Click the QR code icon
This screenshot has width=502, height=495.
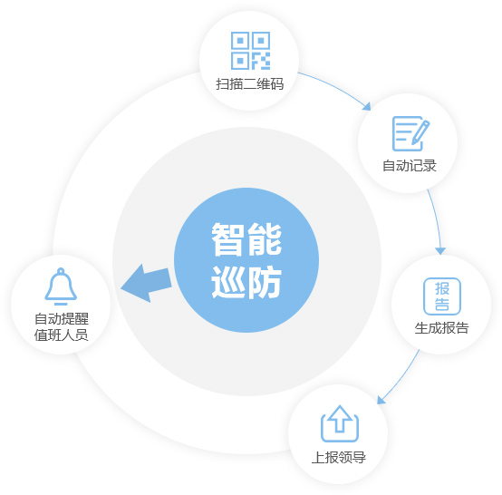pos(250,51)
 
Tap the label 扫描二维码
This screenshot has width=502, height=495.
pos(250,84)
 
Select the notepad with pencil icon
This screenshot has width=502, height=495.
pos(410,133)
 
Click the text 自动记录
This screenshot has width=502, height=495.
pos(410,166)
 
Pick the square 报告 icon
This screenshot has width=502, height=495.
pos(442,296)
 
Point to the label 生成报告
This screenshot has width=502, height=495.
pos(441,328)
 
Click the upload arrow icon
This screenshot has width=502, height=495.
pos(340,424)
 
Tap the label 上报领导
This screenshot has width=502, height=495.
pos(338,457)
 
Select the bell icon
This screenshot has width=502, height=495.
pos(61,286)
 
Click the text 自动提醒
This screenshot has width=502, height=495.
pos(62,319)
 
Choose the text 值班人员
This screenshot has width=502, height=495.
pos(61,335)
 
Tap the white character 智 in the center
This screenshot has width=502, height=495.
pos(227,239)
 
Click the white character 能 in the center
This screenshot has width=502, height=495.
pos(265,239)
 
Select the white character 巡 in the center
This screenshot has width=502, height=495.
pos(227,282)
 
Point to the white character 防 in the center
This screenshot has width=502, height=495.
pos(265,282)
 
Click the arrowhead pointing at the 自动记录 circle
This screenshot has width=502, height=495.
pos(367,107)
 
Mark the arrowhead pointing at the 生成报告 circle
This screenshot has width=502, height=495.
pos(440,250)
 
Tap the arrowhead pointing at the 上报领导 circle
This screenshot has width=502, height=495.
pos(381,400)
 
